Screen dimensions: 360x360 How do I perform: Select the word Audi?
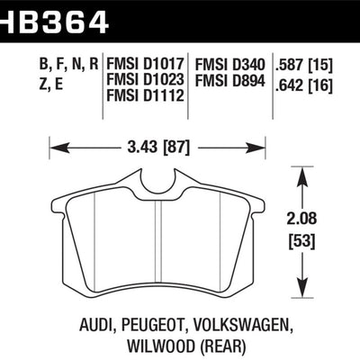(86, 305)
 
